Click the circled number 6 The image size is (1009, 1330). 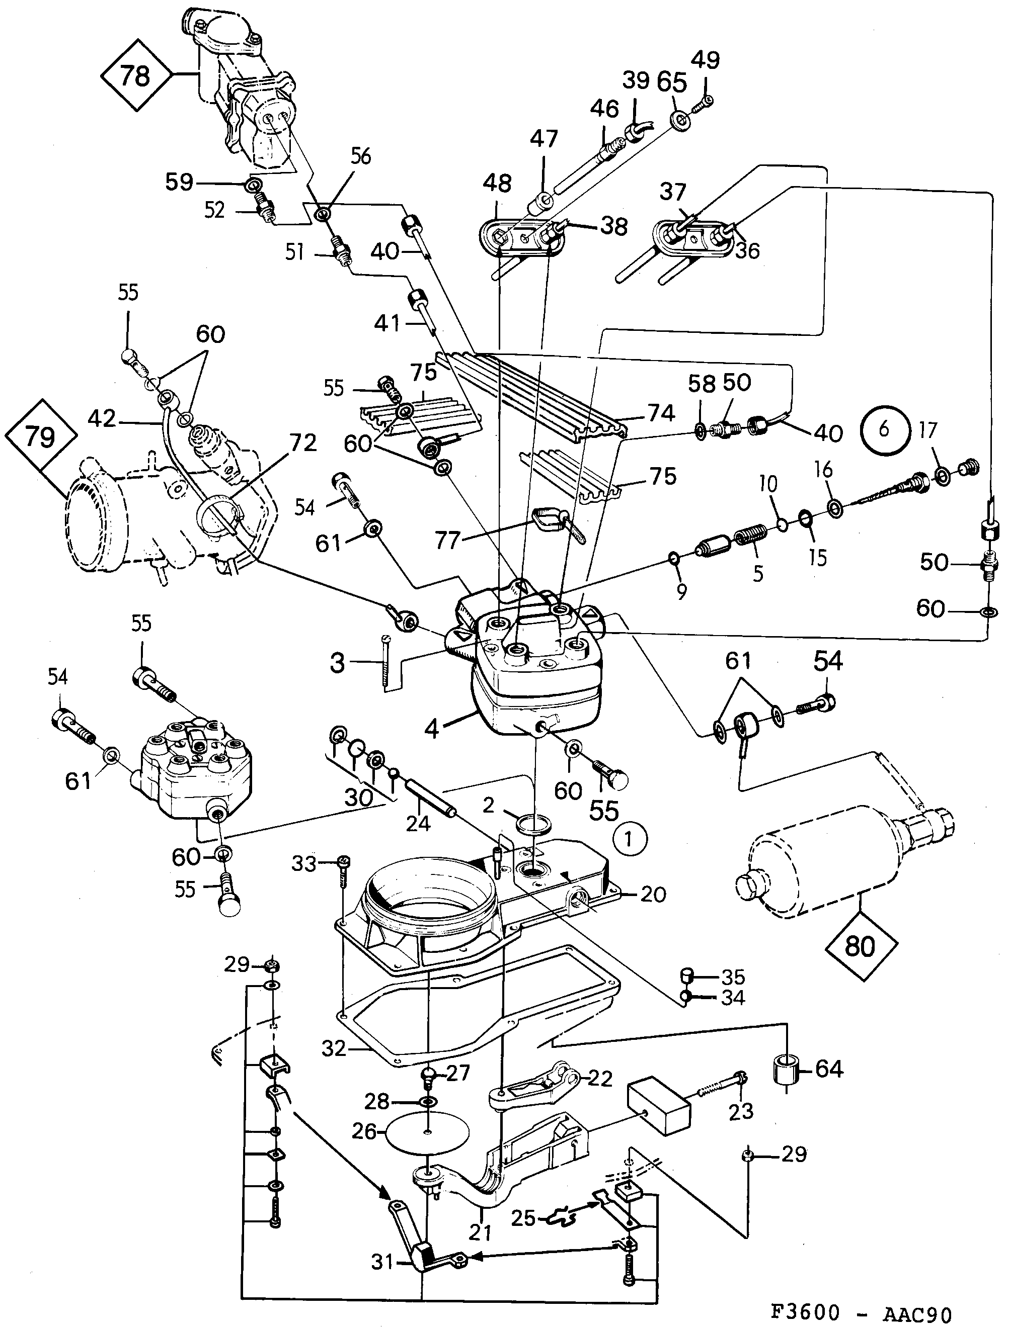(x=883, y=430)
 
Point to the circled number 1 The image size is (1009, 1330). (x=629, y=839)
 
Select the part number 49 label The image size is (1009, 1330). (x=705, y=60)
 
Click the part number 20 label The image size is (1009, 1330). (x=653, y=895)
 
